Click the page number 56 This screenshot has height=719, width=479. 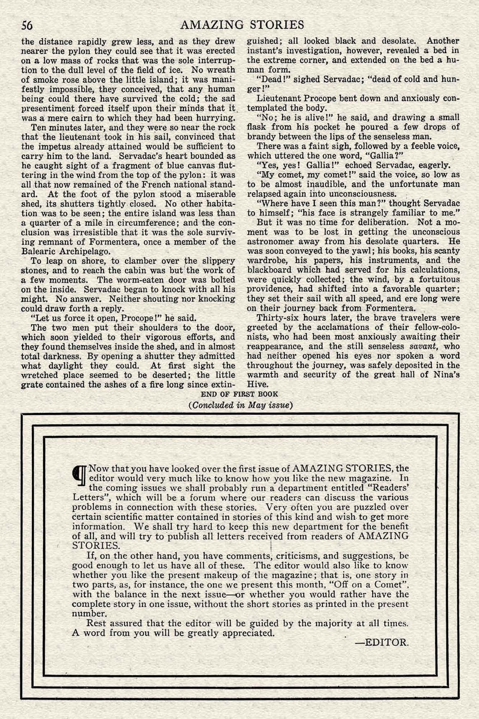point(27,25)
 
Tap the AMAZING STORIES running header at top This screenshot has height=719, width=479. point(242,24)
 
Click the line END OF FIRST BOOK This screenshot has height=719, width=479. point(239,394)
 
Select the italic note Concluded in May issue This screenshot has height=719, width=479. point(241,405)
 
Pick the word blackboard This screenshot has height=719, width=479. point(270,270)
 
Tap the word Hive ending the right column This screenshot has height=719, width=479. point(256,384)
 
